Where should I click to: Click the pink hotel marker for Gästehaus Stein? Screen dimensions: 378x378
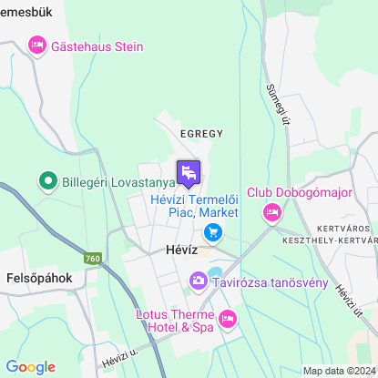coord(37,44)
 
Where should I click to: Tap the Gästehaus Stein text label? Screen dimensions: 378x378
coord(97,46)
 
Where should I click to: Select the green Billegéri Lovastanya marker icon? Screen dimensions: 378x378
coord(47,182)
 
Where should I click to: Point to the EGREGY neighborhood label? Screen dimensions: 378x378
coord(201,133)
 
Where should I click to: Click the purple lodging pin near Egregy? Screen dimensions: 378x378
coord(189,172)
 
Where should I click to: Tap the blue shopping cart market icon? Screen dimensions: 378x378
coord(212,233)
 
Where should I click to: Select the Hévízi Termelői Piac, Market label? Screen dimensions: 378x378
coord(193,205)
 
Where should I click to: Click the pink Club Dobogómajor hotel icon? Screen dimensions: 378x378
coord(271,213)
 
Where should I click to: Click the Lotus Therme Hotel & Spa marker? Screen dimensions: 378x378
coord(228,319)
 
